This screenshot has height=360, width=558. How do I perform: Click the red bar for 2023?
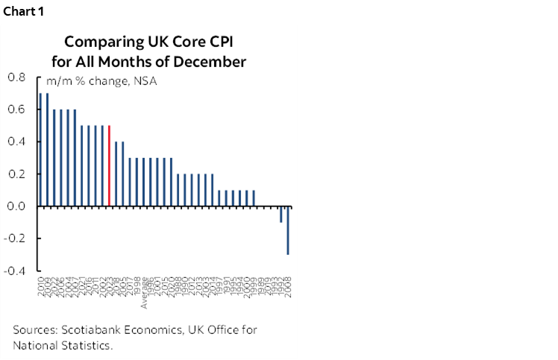110,165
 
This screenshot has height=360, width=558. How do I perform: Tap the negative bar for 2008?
288,230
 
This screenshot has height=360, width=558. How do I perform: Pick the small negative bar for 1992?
281,214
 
